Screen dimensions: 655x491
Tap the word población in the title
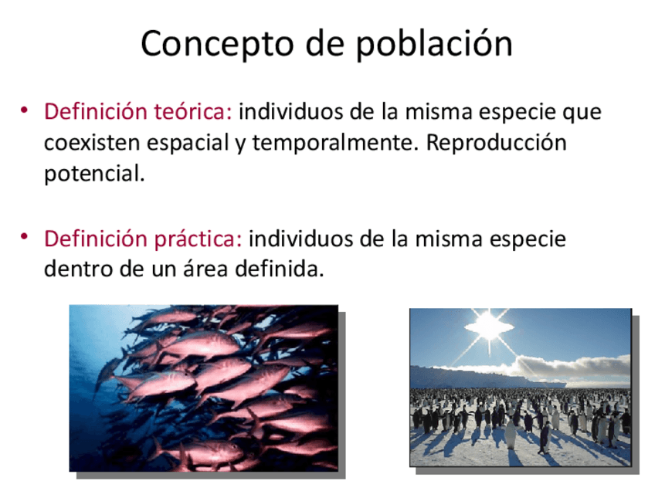[x=434, y=43]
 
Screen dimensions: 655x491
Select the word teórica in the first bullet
[x=193, y=111]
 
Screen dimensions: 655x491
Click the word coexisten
[x=92, y=143]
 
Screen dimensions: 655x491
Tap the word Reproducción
[x=496, y=143]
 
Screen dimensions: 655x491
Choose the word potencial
[x=94, y=174]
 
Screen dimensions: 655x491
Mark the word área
[x=205, y=269]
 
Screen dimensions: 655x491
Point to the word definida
[x=280, y=269]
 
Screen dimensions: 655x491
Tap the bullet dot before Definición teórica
[x=24, y=110]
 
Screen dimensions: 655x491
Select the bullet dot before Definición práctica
[x=24, y=236]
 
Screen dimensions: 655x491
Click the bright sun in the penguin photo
[x=489, y=324]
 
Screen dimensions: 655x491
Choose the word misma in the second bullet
[x=448, y=239]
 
